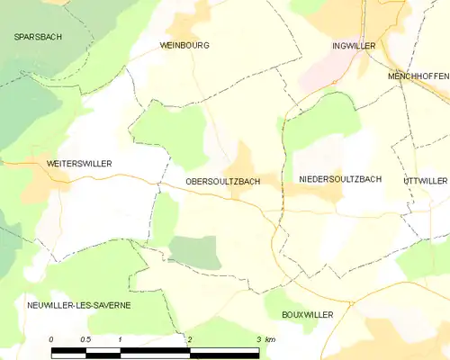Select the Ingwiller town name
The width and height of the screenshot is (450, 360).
(353, 44)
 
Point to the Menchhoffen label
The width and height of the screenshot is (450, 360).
(418, 76)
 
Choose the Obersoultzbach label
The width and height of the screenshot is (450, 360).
(222, 181)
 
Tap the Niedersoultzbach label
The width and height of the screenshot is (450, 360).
(340, 179)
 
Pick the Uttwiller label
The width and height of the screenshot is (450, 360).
(426, 180)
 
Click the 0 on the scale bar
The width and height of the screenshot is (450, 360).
(51, 338)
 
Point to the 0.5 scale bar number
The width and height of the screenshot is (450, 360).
(85, 338)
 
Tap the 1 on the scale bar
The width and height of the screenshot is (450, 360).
(120, 338)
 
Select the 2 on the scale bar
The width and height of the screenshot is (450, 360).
(190, 338)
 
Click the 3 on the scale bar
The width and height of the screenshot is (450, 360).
(258, 338)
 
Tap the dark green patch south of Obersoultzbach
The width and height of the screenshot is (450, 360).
(194, 252)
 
